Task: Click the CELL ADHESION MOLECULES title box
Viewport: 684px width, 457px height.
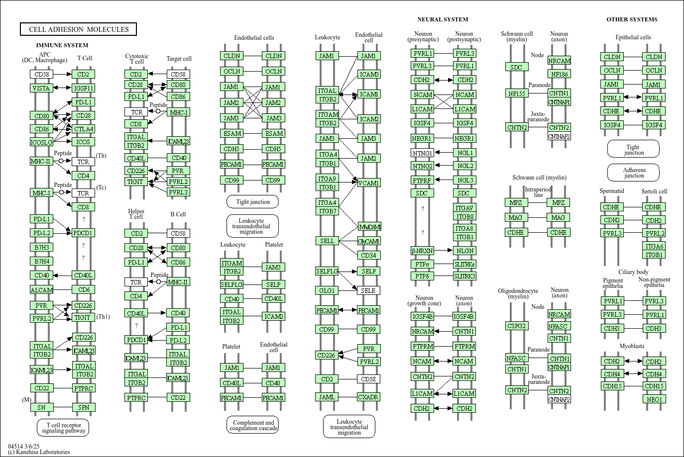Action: (79, 29)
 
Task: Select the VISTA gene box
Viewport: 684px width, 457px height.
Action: (41, 88)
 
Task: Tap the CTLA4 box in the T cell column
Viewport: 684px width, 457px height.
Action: (83, 129)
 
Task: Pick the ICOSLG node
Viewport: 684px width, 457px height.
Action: (41, 142)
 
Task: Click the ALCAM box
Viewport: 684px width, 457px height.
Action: (41, 290)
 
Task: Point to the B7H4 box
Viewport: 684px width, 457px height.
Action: (41, 261)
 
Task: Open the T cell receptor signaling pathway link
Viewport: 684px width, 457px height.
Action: (63, 428)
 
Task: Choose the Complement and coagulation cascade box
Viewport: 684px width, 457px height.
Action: (253, 425)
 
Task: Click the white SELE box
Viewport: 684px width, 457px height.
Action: (368, 290)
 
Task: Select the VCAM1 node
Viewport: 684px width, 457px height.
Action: (368, 183)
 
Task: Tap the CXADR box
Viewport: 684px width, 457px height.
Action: (368, 397)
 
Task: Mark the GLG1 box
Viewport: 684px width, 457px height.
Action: (327, 290)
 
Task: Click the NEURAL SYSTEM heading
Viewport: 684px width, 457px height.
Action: (443, 19)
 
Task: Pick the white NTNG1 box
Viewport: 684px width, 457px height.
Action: (422, 153)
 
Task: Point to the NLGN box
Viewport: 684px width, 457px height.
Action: (465, 251)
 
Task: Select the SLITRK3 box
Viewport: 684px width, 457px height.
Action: (465, 276)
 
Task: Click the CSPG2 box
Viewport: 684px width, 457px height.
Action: (517, 326)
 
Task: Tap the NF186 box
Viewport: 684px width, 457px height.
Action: (559, 74)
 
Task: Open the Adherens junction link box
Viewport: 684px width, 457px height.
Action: (633, 173)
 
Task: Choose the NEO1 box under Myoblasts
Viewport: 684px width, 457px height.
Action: (654, 399)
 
